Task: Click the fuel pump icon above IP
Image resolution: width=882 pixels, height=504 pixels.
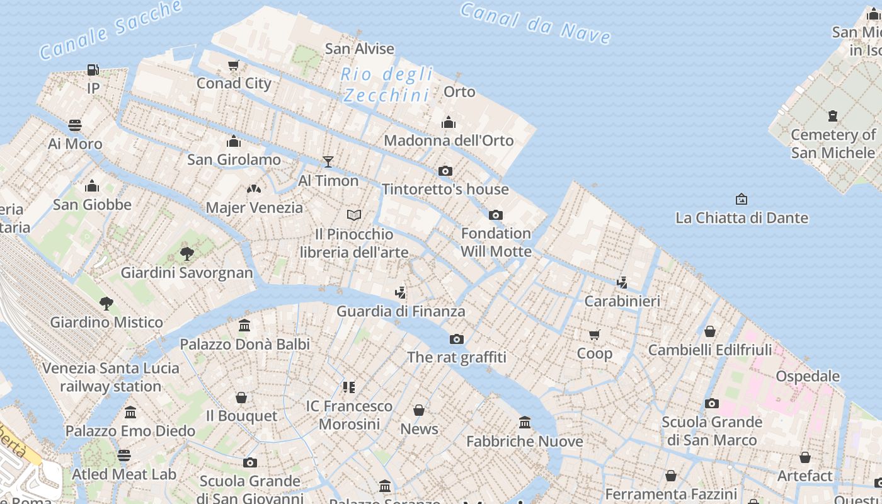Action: pyautogui.click(x=93, y=69)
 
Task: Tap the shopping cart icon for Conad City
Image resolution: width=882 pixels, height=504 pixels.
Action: pyautogui.click(x=234, y=65)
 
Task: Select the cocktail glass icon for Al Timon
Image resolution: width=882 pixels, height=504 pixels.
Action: pyautogui.click(x=328, y=162)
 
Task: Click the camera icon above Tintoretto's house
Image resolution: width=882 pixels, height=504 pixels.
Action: pyautogui.click(x=445, y=171)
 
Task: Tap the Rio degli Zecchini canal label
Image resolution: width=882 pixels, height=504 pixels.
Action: pyautogui.click(x=387, y=84)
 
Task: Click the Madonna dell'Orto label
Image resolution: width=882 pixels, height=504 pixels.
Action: pyautogui.click(x=449, y=140)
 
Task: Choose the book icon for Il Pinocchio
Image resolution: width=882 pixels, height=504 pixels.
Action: pyautogui.click(x=354, y=215)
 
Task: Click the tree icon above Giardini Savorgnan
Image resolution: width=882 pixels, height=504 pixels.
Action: pyautogui.click(x=186, y=254)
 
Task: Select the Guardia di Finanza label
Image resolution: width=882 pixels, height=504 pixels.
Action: pyautogui.click(x=401, y=311)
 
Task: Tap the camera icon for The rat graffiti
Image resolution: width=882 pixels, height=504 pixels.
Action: pyautogui.click(x=457, y=339)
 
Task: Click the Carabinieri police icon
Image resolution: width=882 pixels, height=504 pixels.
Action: pyautogui.click(x=622, y=282)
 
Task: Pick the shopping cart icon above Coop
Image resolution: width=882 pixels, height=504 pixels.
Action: pyautogui.click(x=595, y=335)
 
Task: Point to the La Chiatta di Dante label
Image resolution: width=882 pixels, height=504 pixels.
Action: pyautogui.click(x=742, y=218)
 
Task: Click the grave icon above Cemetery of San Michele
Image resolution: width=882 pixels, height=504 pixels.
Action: pyautogui.click(x=833, y=116)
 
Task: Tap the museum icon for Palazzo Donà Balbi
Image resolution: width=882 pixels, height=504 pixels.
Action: pyautogui.click(x=244, y=326)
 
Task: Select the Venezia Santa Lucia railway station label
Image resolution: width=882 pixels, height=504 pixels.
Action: pyautogui.click(x=111, y=377)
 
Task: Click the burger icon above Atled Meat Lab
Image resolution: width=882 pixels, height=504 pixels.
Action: pyautogui.click(x=124, y=455)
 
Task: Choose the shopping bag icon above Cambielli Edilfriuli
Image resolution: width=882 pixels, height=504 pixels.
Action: pyautogui.click(x=710, y=331)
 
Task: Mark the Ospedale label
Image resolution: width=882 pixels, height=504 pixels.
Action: pyautogui.click(x=808, y=376)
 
